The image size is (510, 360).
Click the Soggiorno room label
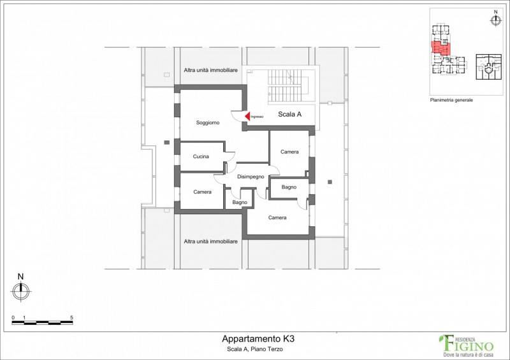tap(208, 122)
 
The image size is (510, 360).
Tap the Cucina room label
tap(201, 156)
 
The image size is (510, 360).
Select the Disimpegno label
tap(251, 176)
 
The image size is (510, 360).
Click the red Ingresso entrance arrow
tap(247, 116)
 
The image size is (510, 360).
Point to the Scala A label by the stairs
tap(289, 114)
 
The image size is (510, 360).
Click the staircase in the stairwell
tap(287, 85)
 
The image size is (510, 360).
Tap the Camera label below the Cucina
tap(202, 192)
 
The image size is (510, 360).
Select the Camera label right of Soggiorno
tap(289, 152)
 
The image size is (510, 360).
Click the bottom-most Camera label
tap(277, 217)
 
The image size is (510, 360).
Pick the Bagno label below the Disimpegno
tap(240, 202)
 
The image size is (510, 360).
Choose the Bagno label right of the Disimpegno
tap(289, 187)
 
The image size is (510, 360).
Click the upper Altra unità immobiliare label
tap(211, 70)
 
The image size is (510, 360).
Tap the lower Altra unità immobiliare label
tap(211, 241)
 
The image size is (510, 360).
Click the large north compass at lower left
tap(21, 291)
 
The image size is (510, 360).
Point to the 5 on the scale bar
tap(71, 318)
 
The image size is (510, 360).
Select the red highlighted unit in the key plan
tap(441, 48)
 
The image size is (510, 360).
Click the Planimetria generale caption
tap(451, 100)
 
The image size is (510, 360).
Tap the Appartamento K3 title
tap(258, 338)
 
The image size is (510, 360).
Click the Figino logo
tap(467, 345)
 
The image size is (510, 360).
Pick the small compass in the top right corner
tap(495, 20)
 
